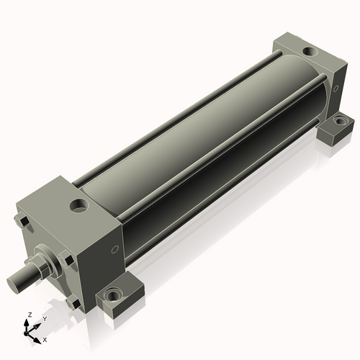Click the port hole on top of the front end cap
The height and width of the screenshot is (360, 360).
click(78, 207)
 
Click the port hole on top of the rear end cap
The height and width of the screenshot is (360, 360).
click(309, 52)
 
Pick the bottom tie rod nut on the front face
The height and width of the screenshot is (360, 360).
click(72, 304)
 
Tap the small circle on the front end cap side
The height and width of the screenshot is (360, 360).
click(114, 250)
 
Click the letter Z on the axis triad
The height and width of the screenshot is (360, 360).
click(28, 315)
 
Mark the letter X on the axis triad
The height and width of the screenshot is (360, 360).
click(45, 338)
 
